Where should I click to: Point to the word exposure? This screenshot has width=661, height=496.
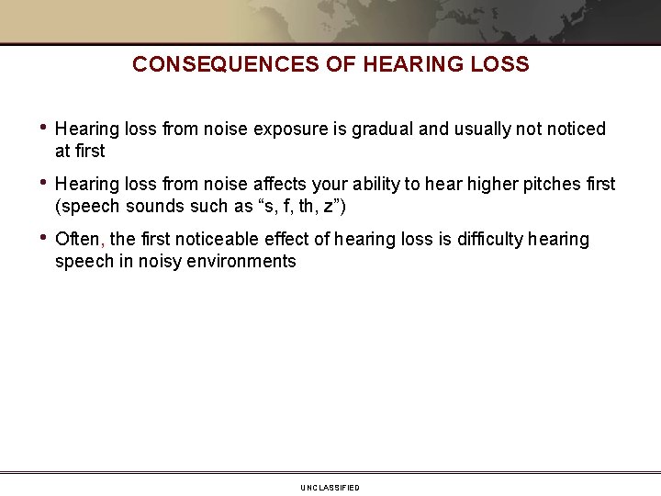[293, 130]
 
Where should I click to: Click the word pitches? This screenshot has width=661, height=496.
[537, 185]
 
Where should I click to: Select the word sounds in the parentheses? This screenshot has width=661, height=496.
[158, 206]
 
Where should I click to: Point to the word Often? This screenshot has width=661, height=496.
[80, 240]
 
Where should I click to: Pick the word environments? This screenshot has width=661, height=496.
[248, 262]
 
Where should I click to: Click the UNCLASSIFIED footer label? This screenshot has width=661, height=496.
[330, 488]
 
